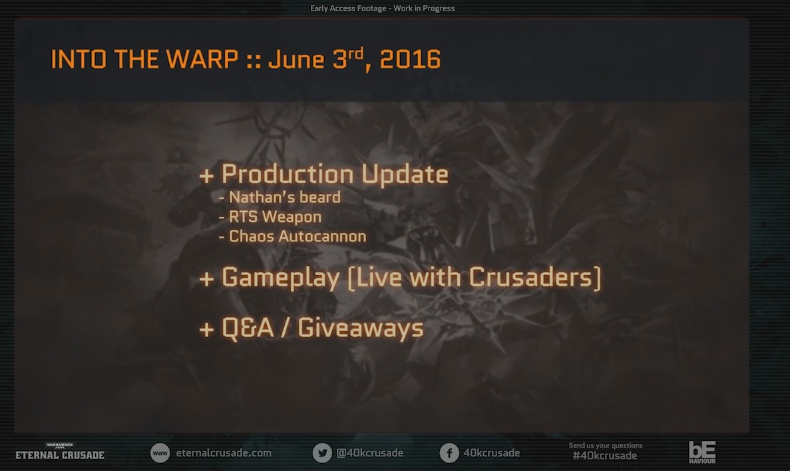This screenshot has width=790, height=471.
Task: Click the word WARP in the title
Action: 202,59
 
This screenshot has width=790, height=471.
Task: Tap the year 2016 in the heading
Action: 410,59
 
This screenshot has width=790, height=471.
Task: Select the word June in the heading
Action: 296,59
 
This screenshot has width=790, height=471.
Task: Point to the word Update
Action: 405,175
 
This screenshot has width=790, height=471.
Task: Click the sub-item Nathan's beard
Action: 285,197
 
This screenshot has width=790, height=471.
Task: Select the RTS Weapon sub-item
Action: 275,217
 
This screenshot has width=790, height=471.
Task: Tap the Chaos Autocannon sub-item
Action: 297,236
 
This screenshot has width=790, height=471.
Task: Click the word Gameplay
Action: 281,278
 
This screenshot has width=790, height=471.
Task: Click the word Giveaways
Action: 360,328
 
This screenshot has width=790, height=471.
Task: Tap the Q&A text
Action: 248,328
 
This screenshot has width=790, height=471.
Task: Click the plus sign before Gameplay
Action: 206,278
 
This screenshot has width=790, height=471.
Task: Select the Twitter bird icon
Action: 322,453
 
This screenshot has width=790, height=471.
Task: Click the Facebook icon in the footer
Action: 449,453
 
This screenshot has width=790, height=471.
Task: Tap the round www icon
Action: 160,453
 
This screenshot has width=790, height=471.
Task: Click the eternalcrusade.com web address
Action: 223,453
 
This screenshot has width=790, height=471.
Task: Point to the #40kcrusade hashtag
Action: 604,456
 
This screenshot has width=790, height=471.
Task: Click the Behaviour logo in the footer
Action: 702,452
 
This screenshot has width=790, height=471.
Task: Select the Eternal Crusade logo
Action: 60,452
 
